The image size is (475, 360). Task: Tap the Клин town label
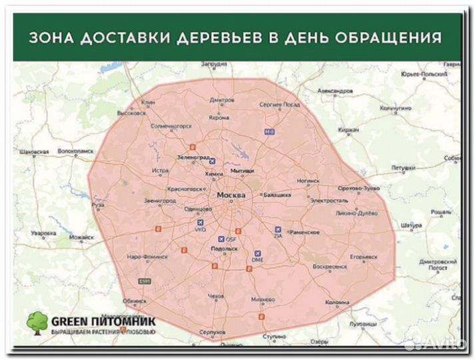tap(148, 102)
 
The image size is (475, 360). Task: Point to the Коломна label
tap(338, 302)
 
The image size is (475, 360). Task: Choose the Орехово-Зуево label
tap(359, 189)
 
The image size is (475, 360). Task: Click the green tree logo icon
tap(37, 321)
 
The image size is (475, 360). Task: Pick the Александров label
tap(334, 90)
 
